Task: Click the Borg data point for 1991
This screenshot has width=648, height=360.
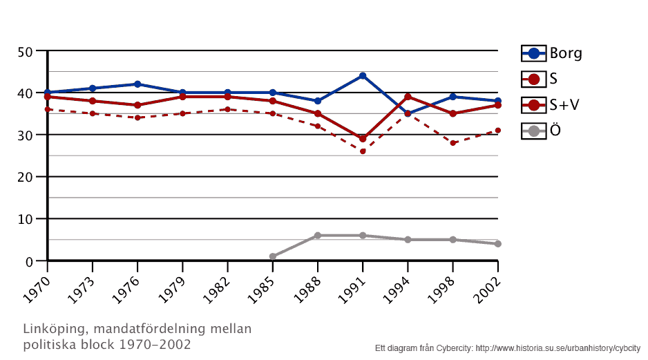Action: point(363,76)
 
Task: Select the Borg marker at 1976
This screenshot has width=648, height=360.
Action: point(137,84)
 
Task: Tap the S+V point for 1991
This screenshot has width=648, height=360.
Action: point(363,139)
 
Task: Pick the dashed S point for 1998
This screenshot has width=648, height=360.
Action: point(452,143)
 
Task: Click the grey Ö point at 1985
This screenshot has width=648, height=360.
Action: point(273,256)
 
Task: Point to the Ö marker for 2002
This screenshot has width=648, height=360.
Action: point(497,244)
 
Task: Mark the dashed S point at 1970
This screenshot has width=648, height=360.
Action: point(48,109)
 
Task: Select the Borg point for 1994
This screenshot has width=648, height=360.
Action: point(408,113)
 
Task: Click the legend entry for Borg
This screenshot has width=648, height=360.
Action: point(552,53)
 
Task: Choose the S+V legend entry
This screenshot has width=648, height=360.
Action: point(552,104)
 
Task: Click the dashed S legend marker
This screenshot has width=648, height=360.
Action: point(533,79)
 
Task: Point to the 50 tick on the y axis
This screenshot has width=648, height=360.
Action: point(26,51)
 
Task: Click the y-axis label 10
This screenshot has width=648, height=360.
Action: point(26,219)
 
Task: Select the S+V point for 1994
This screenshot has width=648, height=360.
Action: point(408,97)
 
